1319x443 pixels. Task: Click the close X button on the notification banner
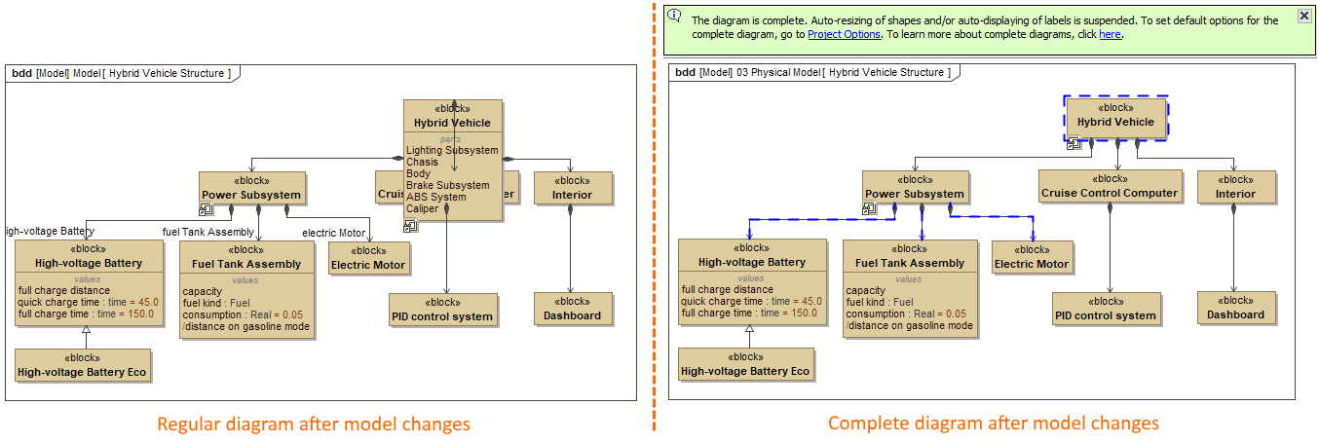[1303, 16]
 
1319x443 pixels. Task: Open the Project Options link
[844, 34]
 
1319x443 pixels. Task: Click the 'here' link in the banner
[1110, 34]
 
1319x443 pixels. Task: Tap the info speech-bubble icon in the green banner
[674, 15]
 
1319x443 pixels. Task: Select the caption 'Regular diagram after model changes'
[314, 424]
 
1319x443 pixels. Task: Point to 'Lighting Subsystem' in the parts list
[452, 151]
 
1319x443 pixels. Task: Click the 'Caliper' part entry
[423, 208]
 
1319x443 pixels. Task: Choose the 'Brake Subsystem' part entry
[448, 185]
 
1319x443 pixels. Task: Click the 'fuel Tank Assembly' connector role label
[207, 231]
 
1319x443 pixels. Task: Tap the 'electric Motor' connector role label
[333, 233]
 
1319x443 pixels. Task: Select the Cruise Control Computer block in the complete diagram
[1110, 186]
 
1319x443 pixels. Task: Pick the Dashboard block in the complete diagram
[1235, 308]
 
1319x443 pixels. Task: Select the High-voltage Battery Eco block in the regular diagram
[83, 364]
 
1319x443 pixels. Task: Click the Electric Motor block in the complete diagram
[1032, 257]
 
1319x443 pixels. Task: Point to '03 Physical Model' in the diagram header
[777, 72]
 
